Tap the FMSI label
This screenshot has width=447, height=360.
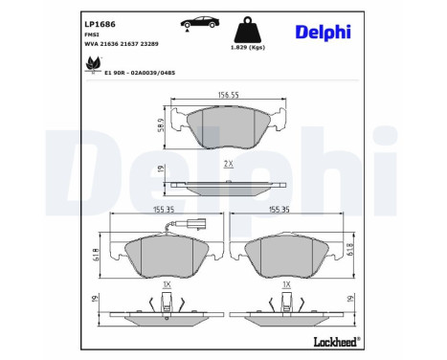pos(94,33)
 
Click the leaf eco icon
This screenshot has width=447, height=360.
pos(93,64)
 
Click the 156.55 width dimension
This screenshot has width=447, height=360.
pos(227,95)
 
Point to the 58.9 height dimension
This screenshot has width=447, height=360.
pos(161,125)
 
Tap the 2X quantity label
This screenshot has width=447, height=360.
pos(227,164)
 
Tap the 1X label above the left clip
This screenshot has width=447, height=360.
pos(168,285)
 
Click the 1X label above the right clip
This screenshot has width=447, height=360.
pos(286,285)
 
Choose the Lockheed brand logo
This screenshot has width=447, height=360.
pos(337,341)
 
